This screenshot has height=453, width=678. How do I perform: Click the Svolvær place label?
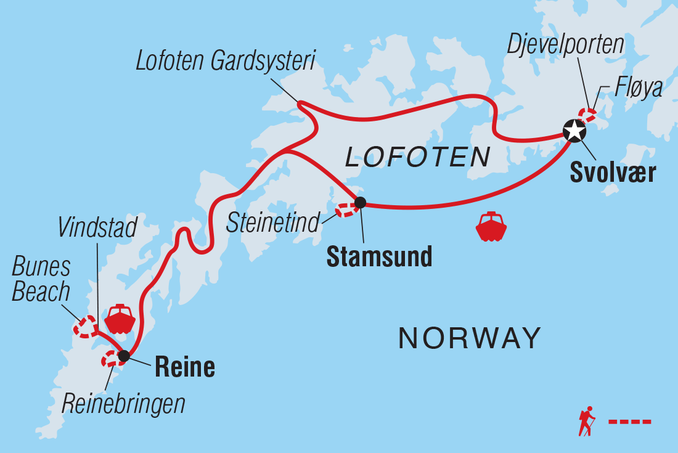612,173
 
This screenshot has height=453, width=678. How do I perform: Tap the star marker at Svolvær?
574,131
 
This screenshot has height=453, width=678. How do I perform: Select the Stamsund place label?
379,257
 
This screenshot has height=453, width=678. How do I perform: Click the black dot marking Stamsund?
360,202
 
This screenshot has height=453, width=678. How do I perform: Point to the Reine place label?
184,367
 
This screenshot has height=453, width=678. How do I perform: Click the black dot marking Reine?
124,356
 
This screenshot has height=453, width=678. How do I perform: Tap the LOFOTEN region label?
417,158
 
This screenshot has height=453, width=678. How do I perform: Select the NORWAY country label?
470,338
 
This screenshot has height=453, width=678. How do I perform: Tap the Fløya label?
638,88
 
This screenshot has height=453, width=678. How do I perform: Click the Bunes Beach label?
41,280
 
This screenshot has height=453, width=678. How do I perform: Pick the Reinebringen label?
123,404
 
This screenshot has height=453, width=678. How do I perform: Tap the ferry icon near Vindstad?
120,319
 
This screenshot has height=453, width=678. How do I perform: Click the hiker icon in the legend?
586,422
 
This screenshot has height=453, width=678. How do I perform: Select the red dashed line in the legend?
629,422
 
